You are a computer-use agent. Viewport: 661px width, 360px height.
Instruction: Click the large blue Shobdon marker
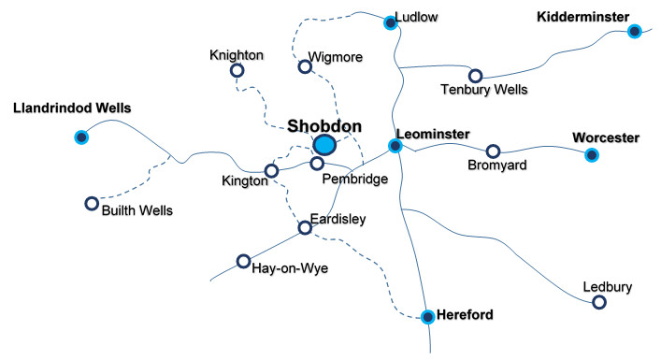(324, 144)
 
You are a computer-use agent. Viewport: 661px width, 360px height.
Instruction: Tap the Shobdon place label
(324, 124)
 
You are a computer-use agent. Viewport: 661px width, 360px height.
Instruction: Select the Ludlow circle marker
(391, 22)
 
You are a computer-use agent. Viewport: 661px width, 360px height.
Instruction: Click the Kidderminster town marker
(634, 31)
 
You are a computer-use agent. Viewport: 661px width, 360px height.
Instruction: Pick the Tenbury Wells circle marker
(475, 76)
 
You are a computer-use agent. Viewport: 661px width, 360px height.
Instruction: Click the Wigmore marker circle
(304, 66)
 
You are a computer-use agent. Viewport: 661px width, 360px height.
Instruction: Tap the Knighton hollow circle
(237, 70)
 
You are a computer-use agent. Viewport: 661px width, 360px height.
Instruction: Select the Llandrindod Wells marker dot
(81, 137)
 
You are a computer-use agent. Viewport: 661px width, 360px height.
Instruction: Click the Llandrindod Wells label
(72, 108)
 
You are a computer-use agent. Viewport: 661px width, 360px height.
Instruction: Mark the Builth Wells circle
(91, 203)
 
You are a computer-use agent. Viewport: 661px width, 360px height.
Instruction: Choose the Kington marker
(271, 171)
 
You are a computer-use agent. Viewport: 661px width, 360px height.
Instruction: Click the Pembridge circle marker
(318, 165)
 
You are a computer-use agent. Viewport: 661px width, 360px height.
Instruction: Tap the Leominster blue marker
(395, 146)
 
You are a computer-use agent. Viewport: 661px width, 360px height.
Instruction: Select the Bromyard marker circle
(493, 151)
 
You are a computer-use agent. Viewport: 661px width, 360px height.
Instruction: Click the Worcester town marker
(591, 154)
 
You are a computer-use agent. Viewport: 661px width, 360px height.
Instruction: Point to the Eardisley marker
(304, 227)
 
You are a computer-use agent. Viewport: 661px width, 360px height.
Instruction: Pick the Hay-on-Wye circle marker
(243, 261)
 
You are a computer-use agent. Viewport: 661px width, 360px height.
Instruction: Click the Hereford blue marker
(427, 316)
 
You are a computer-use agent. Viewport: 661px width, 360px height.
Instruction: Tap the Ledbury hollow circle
(599, 302)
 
